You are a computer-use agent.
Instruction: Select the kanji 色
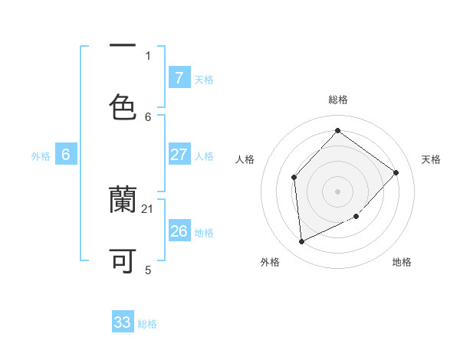(x=123, y=107)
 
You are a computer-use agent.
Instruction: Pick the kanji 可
(x=123, y=261)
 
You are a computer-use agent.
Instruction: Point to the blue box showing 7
(x=179, y=78)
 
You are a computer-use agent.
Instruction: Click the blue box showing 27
(x=179, y=155)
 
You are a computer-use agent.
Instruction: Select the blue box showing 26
(x=179, y=231)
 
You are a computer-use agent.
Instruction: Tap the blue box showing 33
(x=123, y=322)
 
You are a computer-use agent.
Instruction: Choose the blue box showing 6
(x=66, y=155)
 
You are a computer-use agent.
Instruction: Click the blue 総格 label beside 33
(x=147, y=324)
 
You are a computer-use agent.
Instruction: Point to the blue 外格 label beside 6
(x=41, y=155)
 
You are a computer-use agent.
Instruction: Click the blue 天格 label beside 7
(x=204, y=79)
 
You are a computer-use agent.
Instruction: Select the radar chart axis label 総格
(x=337, y=100)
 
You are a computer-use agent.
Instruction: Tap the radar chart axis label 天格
(x=431, y=159)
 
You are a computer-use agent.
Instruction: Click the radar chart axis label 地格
(x=402, y=262)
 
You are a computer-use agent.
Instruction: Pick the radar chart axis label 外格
(x=270, y=262)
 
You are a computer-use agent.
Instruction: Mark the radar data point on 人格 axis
(x=294, y=177)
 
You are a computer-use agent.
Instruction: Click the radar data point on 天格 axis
(x=396, y=172)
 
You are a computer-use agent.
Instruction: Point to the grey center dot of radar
(x=337, y=191)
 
